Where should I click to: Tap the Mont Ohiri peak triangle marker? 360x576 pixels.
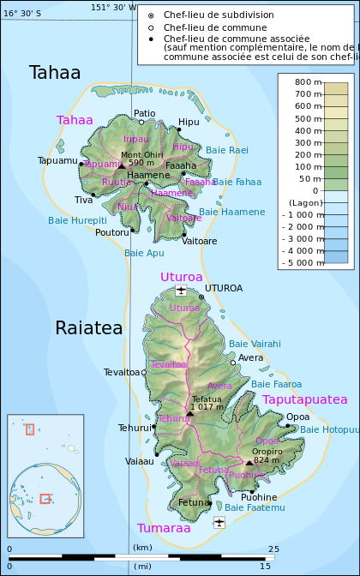click(121, 165)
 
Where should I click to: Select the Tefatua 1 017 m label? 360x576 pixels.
click(207, 403)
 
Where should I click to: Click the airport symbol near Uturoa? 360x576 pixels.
click(181, 291)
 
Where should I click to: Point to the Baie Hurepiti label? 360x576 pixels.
click(77, 220)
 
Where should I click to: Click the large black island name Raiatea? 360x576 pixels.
click(89, 327)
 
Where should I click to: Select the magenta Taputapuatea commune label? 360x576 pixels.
click(304, 399)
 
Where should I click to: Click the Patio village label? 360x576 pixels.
click(145, 113)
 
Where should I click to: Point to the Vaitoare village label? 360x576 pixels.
click(199, 242)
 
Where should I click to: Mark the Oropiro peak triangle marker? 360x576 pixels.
click(249, 463)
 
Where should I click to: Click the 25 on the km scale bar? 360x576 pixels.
click(273, 548)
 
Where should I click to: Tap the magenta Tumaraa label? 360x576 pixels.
click(164, 528)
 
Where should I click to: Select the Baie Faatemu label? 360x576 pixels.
click(255, 508)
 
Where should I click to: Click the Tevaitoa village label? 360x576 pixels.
click(121, 372)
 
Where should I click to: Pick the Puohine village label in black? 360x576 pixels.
click(259, 497)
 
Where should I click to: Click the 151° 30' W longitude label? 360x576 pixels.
click(113, 7)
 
